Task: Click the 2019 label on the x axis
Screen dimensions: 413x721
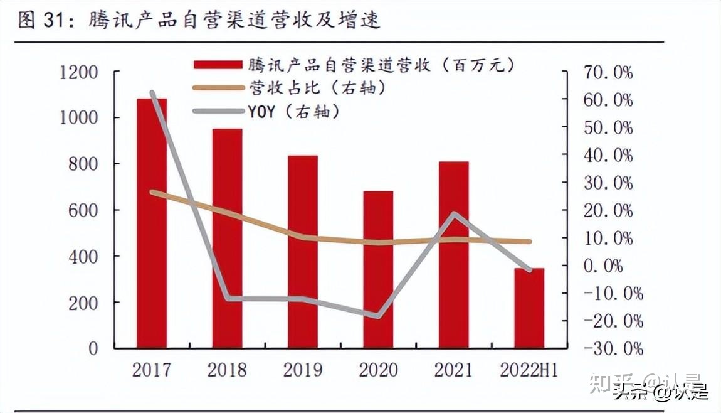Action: pyautogui.click(x=303, y=370)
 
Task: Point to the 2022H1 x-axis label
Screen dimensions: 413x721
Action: pyautogui.click(x=529, y=370)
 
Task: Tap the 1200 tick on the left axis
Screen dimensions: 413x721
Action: pyautogui.click(x=80, y=72)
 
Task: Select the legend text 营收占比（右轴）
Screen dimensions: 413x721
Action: pyautogui.click(x=317, y=88)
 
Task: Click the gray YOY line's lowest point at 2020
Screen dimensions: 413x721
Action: pyautogui.click(x=378, y=316)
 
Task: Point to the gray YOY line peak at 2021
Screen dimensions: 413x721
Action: pyautogui.click(x=454, y=214)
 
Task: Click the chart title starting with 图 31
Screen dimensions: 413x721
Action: pyautogui.click(x=198, y=21)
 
